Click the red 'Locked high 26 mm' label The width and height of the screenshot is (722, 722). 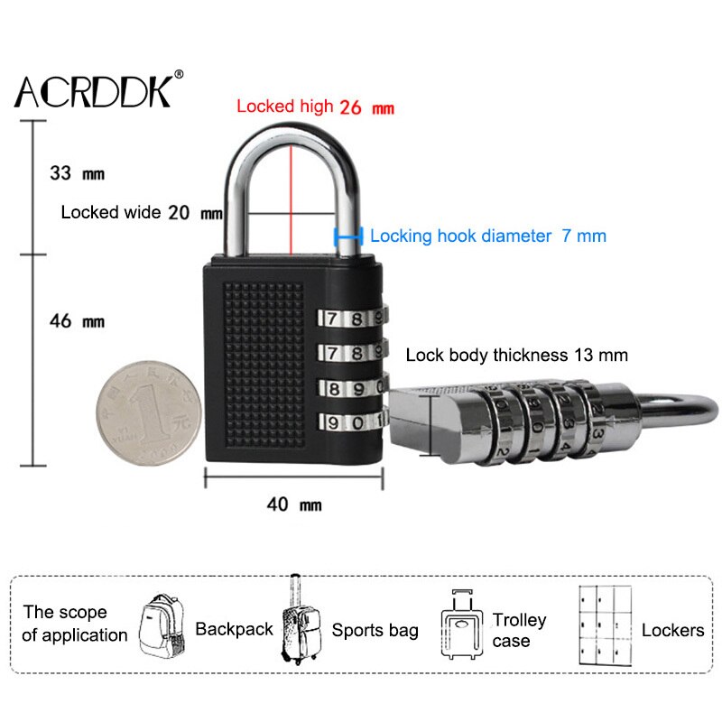click(x=315, y=106)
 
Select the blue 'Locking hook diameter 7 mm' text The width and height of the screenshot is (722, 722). click(x=488, y=236)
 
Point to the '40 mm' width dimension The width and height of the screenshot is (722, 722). click(x=293, y=504)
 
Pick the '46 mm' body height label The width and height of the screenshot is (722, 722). click(x=77, y=321)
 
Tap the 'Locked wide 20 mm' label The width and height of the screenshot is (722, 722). click(x=141, y=213)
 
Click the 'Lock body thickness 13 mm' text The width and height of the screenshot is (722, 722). click(x=516, y=355)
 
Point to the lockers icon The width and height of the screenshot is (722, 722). click(x=605, y=626)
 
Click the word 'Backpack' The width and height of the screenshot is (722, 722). click(x=234, y=629)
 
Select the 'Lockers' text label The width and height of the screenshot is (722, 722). click(x=672, y=630)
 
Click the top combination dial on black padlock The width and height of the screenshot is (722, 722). click(x=350, y=319)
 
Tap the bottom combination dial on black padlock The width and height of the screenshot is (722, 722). click(x=350, y=421)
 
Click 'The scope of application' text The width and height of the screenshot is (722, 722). click(x=75, y=624)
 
